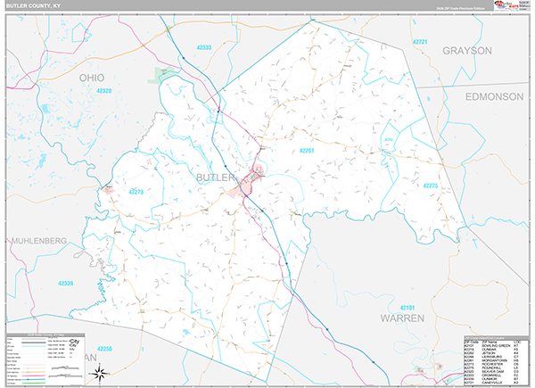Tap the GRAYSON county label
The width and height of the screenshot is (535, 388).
click(467, 51)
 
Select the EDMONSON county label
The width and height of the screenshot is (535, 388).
click(491, 95)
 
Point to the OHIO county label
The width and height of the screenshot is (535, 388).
click(98, 78)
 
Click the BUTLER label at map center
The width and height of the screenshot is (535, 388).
click(214, 178)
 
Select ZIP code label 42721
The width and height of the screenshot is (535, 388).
click(421, 43)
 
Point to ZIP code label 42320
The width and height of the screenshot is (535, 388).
click(104, 91)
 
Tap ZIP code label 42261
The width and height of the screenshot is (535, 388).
click(308, 151)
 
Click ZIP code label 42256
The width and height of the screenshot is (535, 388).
click(106, 348)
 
